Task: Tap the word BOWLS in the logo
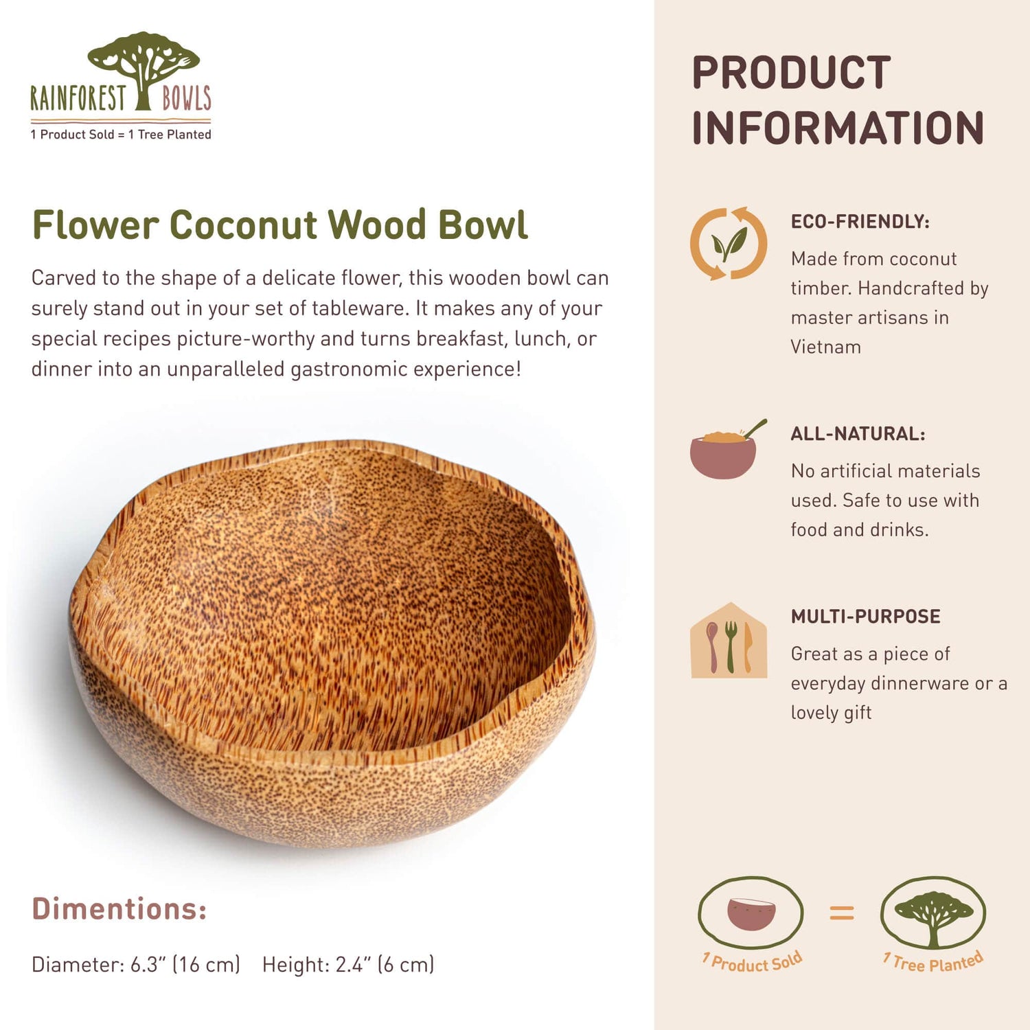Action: pyautogui.click(x=186, y=98)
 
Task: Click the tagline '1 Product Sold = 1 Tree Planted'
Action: pyautogui.click(x=121, y=135)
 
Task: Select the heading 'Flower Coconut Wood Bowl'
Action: pyautogui.click(x=280, y=225)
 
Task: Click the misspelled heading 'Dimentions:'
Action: pyautogui.click(x=119, y=908)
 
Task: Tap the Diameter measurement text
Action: pyautogui.click(x=136, y=965)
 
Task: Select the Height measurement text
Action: pyautogui.click(x=348, y=965)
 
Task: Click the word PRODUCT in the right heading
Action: pyautogui.click(x=791, y=73)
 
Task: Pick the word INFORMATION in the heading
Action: pyautogui.click(x=838, y=128)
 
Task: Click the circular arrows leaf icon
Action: pyautogui.click(x=729, y=244)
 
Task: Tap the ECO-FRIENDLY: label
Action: pyautogui.click(x=860, y=222)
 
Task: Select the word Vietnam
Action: pyautogui.click(x=825, y=347)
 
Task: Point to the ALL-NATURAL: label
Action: pyautogui.click(x=858, y=434)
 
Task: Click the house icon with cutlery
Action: pyautogui.click(x=729, y=642)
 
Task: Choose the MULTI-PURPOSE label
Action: pyautogui.click(x=865, y=617)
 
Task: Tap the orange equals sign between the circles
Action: pyautogui.click(x=841, y=913)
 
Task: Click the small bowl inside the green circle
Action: pyautogui.click(x=751, y=914)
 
